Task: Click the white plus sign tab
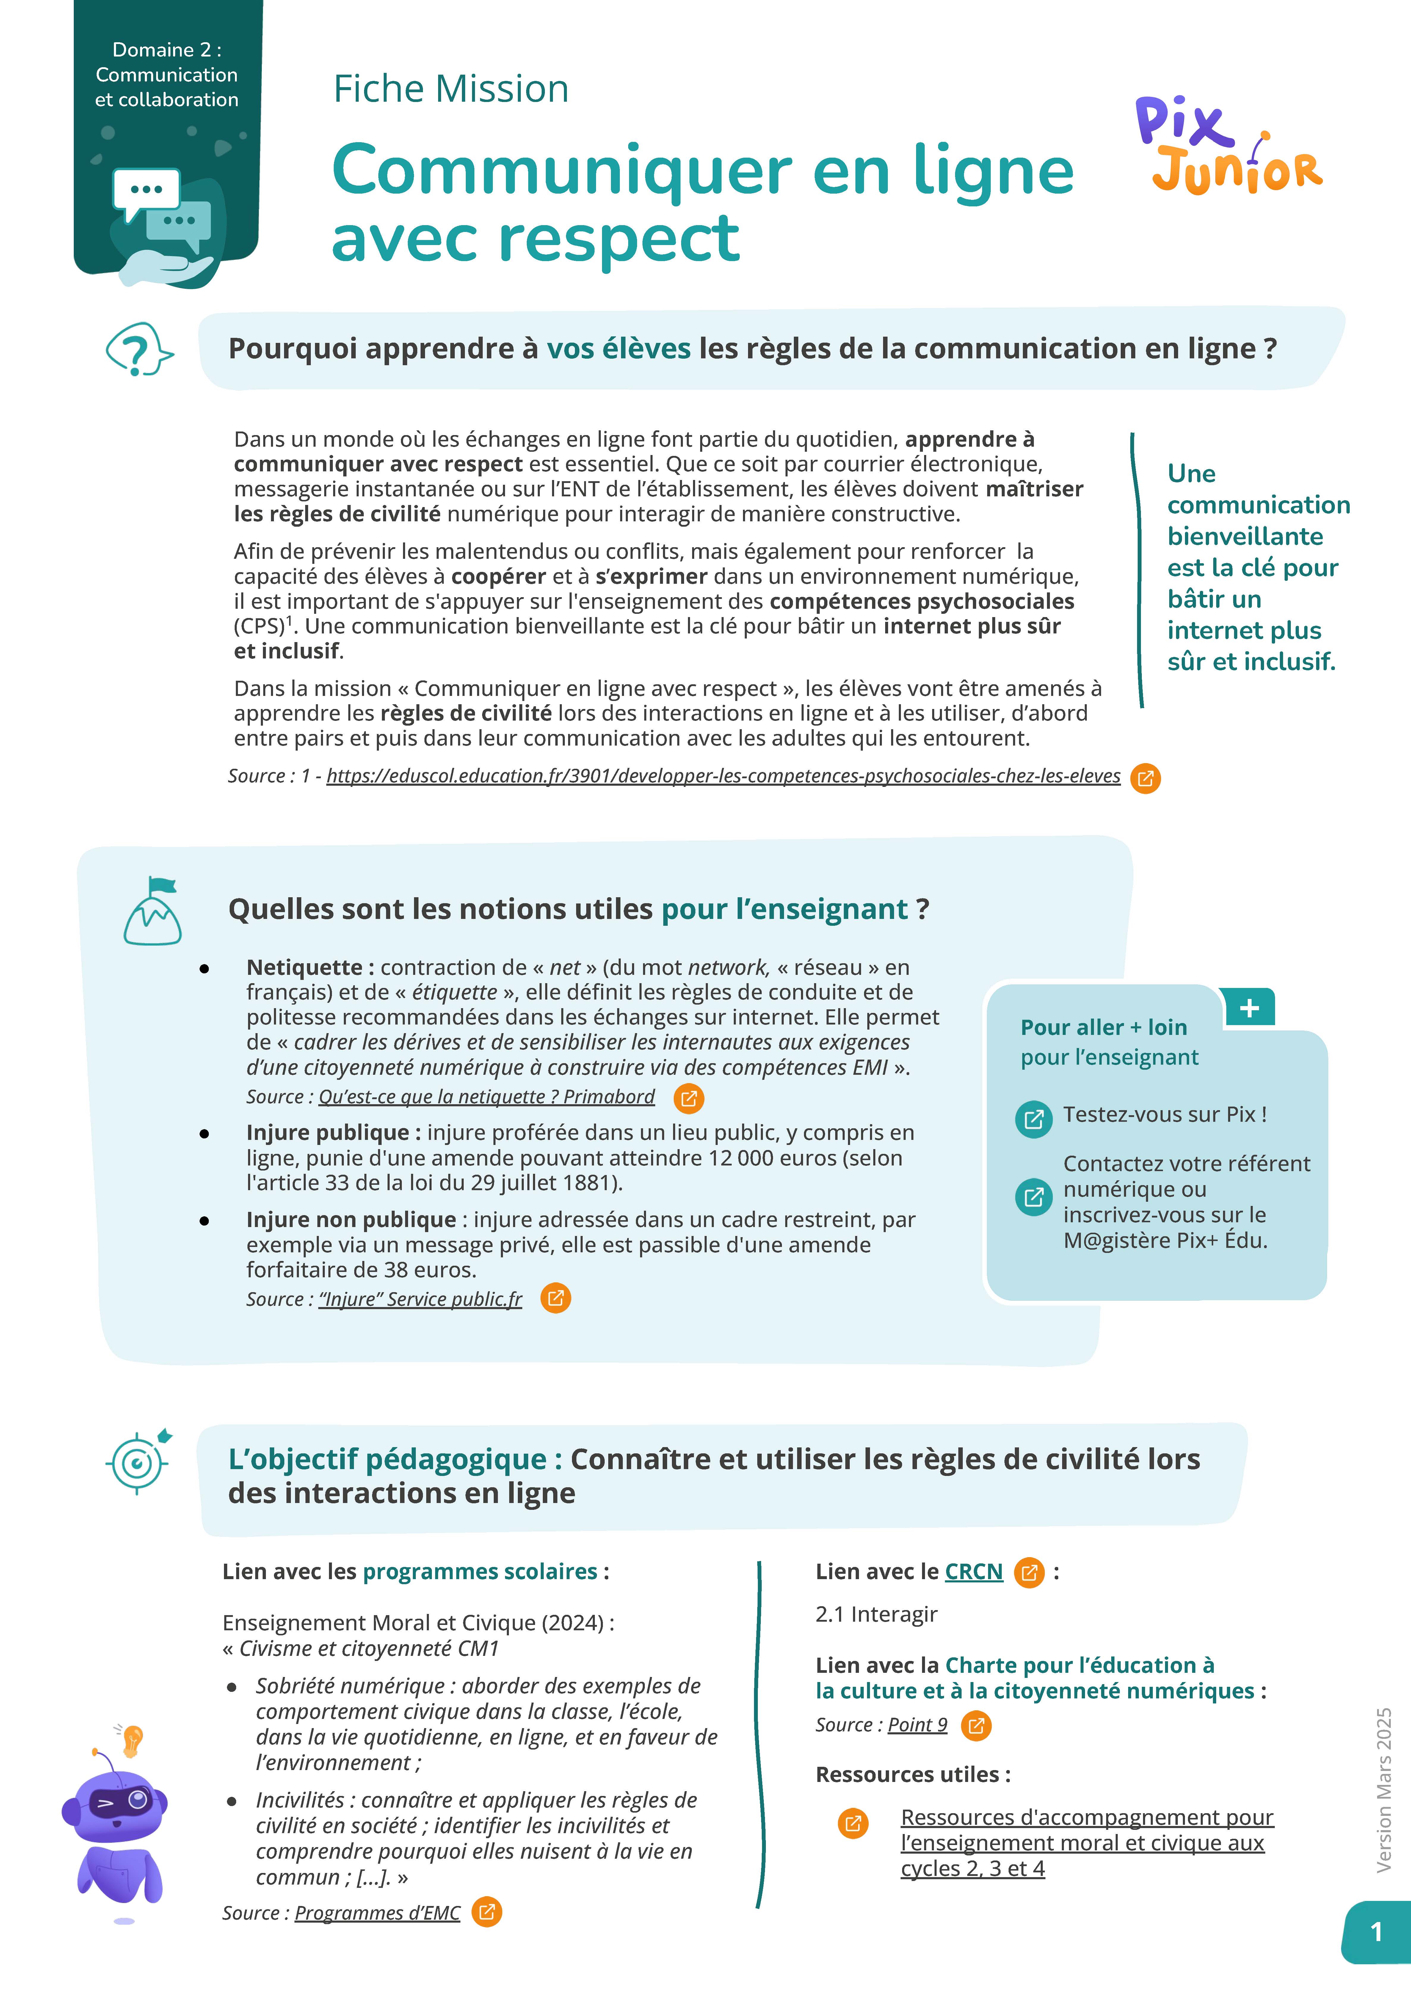pos(1249,1008)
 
